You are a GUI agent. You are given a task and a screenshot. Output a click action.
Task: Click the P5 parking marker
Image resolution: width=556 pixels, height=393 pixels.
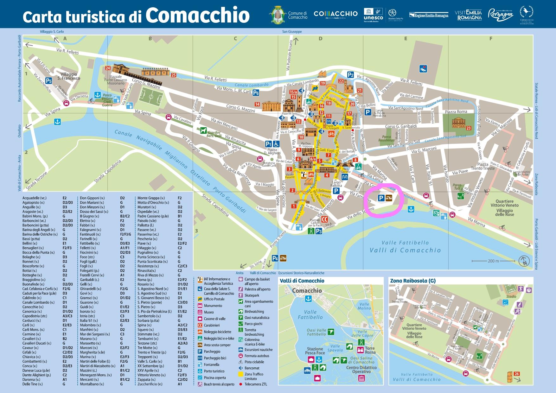(48, 81)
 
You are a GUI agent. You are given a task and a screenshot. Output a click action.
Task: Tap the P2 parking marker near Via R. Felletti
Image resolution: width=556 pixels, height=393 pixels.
(350, 75)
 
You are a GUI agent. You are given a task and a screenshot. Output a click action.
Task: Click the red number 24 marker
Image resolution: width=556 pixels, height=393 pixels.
(108, 68)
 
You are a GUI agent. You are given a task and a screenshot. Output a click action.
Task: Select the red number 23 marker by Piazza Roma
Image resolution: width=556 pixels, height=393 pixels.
(469, 128)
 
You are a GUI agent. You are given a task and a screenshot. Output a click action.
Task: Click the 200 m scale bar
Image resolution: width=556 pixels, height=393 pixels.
(493, 261)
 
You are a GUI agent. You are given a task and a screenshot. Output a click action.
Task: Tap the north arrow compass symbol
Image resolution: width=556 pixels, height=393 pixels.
(524, 261)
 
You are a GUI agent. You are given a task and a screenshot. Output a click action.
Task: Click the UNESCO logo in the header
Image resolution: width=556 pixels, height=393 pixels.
(373, 14)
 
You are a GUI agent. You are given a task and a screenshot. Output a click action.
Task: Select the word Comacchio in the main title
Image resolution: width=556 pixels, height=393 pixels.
(197, 15)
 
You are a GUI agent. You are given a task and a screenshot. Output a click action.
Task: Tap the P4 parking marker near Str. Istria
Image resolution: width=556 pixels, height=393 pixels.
(275, 258)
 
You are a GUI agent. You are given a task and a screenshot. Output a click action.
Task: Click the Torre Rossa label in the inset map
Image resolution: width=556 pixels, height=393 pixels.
(370, 350)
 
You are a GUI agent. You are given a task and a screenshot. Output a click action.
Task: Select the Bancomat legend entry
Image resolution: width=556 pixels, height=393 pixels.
(252, 368)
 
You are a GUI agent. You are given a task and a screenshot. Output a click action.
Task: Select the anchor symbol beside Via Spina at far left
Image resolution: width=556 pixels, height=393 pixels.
(57, 122)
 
